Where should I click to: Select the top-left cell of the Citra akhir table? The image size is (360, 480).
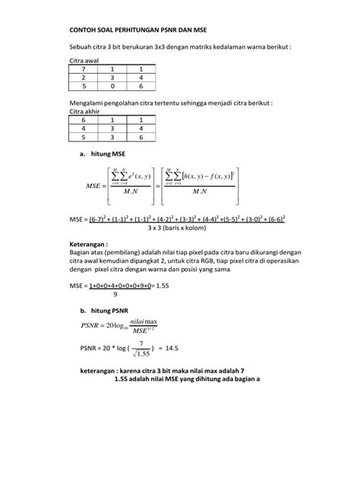tap(83, 119)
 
